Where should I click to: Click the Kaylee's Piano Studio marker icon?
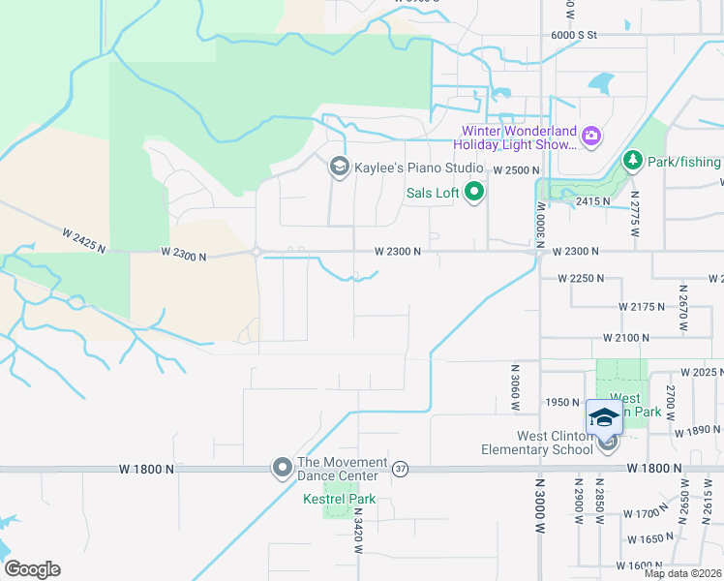click(339, 168)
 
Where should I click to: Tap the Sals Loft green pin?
click(474, 193)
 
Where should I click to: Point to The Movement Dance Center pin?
click(282, 469)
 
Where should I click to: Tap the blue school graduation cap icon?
click(604, 417)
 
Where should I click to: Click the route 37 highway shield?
click(401, 469)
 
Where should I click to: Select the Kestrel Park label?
click(340, 500)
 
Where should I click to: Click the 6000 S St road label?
click(575, 34)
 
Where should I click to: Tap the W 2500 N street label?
click(515, 169)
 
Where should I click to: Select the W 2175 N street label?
click(642, 306)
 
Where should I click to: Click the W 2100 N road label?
click(625, 337)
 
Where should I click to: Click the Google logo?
click(32, 569)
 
